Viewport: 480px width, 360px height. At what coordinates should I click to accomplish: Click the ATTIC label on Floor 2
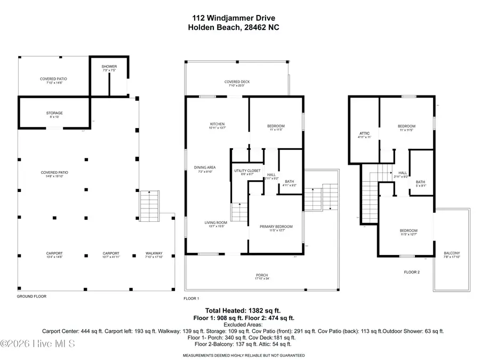pyautogui.click(x=365, y=135)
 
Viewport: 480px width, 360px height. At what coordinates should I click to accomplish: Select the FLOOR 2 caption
pyautogui.click(x=412, y=272)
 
